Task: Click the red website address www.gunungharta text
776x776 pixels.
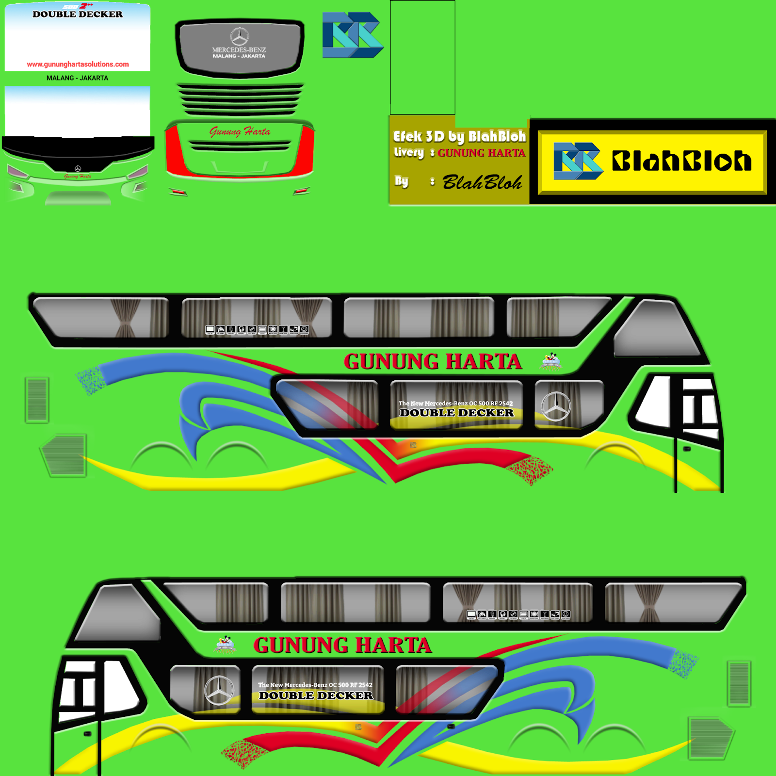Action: [x=78, y=64]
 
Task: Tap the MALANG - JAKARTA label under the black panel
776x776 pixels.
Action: [x=77, y=78]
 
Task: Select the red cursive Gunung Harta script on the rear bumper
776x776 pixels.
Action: [x=240, y=131]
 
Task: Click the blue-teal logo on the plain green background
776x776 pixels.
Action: [x=353, y=35]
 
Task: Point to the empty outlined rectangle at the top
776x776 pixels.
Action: [x=422, y=57]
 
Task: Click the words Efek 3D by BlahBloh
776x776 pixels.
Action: [x=459, y=137]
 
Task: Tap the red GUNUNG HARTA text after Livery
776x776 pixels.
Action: [x=481, y=153]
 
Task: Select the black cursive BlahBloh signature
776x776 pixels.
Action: [x=482, y=183]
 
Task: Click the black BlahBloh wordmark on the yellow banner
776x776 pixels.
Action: [x=681, y=161]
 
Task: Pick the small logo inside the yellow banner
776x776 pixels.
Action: [x=578, y=161]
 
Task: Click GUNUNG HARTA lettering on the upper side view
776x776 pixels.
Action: [x=433, y=362]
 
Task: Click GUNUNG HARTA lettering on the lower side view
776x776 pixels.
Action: [x=342, y=646]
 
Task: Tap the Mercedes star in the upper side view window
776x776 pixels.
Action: [x=556, y=406]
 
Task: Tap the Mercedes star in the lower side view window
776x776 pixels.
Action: [x=219, y=690]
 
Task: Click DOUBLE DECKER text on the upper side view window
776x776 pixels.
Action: [x=456, y=413]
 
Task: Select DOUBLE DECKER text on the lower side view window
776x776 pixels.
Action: [x=316, y=695]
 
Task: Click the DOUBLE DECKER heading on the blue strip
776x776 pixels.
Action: [x=78, y=15]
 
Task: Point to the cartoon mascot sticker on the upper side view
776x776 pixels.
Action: [x=550, y=361]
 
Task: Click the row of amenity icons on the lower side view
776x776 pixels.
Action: [x=518, y=614]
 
